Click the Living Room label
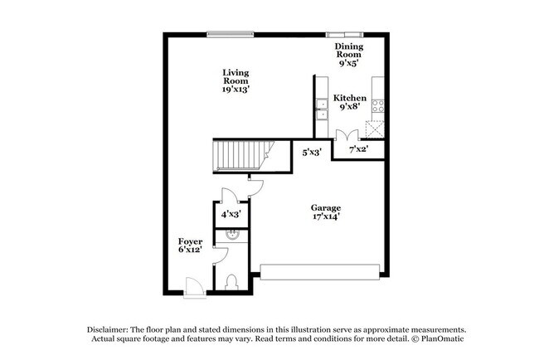(x=236, y=80)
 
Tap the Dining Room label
(x=349, y=54)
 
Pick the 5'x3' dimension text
(x=312, y=152)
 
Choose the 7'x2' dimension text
(x=359, y=149)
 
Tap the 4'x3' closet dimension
(x=231, y=214)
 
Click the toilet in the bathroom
(x=231, y=282)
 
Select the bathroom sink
(x=232, y=235)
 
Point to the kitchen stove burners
(x=378, y=105)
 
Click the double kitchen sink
(x=322, y=109)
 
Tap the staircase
(x=243, y=155)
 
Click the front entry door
(x=195, y=288)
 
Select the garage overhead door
(x=320, y=272)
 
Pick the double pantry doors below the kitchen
(x=347, y=134)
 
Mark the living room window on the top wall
(x=231, y=34)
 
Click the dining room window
(x=344, y=34)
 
